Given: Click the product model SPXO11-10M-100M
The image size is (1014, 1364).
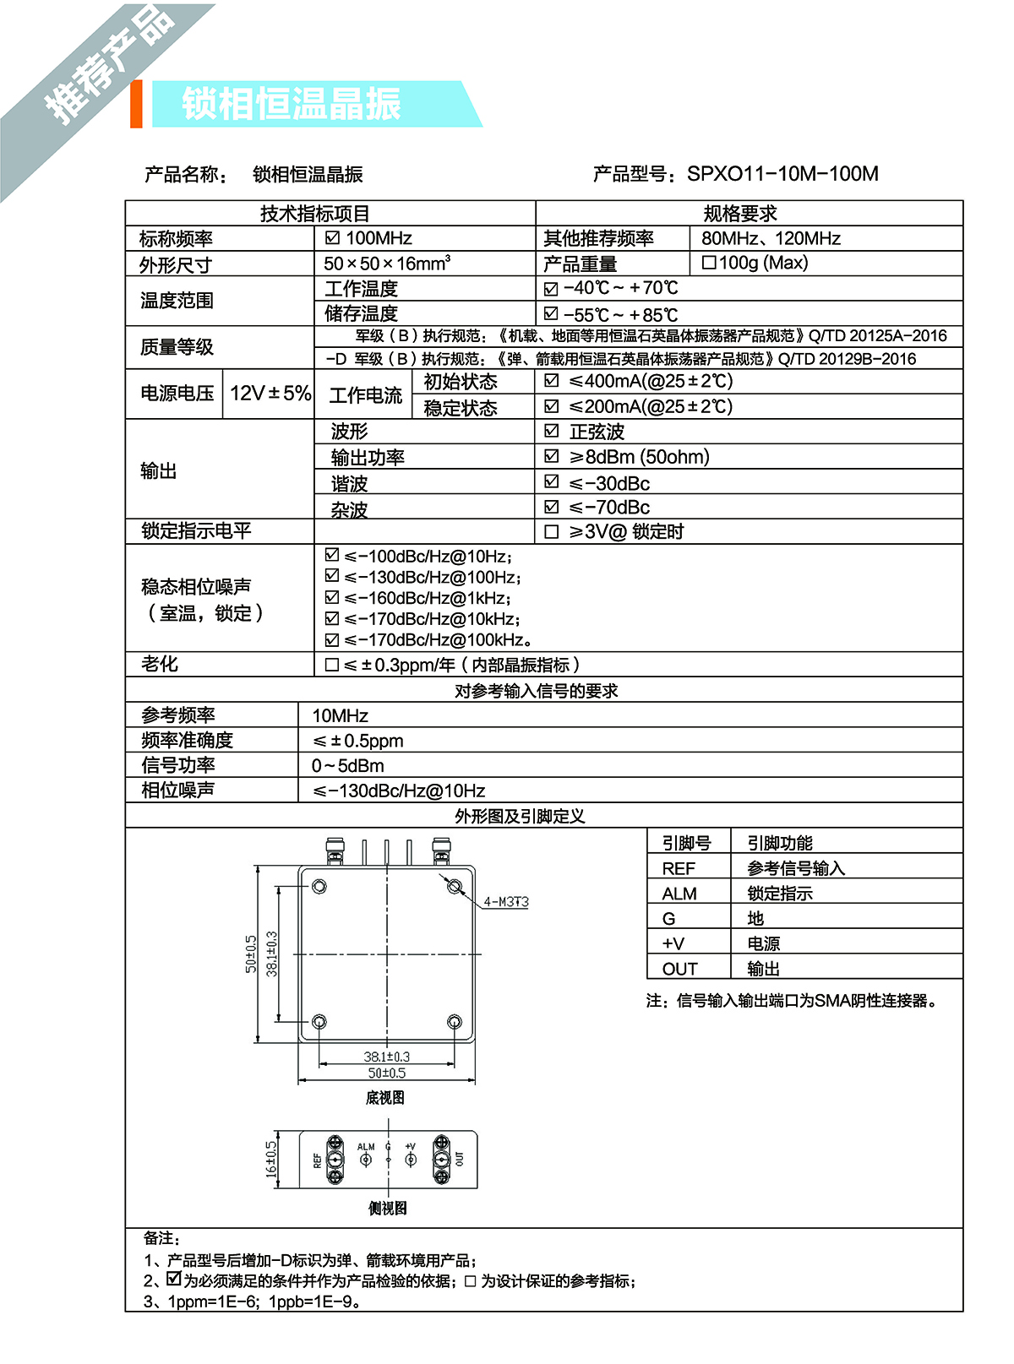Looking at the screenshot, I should click(x=782, y=174).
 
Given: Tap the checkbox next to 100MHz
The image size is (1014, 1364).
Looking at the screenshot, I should click(x=333, y=238).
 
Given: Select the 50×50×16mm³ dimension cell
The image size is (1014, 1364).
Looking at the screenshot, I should click(x=387, y=264).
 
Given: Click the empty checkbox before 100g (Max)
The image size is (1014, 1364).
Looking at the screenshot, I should click(x=709, y=263).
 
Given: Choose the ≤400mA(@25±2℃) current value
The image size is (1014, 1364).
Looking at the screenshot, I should click(x=651, y=381).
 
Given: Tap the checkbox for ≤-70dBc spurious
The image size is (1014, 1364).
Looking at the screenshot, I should click(x=552, y=507).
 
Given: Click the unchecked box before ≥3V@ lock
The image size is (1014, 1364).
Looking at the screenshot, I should click(x=552, y=532).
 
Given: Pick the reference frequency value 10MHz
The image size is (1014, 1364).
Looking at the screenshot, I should click(x=340, y=716).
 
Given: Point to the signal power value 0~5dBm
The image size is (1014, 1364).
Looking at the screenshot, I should click(x=347, y=766).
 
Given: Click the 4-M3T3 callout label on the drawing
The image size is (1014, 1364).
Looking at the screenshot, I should click(x=506, y=902).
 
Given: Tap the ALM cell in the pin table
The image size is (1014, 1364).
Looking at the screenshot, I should click(x=679, y=894).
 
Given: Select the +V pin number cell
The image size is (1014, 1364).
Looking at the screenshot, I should click(x=673, y=944).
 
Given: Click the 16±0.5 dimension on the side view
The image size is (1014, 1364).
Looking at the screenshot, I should click(x=271, y=1160).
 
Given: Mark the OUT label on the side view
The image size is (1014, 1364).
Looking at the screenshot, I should click(x=460, y=1159).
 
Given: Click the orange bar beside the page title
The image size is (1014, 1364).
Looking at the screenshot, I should click(x=136, y=104).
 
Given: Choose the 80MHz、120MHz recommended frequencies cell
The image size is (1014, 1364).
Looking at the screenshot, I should click(x=771, y=239).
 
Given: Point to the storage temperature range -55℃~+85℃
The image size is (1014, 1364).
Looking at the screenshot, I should click(x=621, y=315).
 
